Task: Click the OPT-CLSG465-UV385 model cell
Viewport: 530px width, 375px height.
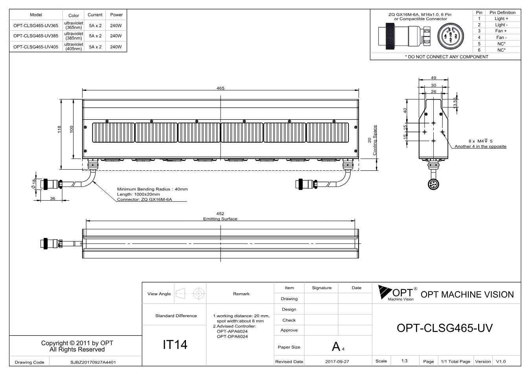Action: coord(36,36)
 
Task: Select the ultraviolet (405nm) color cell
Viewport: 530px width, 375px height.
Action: coord(74,47)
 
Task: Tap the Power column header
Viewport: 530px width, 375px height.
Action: coord(116,15)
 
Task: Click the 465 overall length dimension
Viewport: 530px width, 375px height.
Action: coord(220,88)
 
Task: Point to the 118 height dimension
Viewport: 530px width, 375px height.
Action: coord(59,129)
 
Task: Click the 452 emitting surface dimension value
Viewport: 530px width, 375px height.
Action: coord(220,214)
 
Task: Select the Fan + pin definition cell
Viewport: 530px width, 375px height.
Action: coord(501,31)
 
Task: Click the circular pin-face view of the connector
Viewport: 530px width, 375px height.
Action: coord(451,36)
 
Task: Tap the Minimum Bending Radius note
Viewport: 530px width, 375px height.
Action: coord(153,189)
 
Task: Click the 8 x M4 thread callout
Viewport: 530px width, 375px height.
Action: coord(480,141)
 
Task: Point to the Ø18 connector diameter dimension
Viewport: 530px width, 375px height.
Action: coord(33,184)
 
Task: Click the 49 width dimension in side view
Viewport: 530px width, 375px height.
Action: coord(433,78)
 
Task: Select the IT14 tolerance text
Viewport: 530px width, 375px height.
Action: coord(175,345)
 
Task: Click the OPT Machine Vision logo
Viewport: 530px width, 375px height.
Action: coord(398,293)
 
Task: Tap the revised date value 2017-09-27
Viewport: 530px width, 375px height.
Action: coord(337,362)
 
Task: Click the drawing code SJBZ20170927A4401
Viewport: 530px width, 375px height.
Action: coord(93,362)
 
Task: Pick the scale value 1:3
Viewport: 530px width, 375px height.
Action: coord(404,361)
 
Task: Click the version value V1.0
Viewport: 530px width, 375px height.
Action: coord(501,362)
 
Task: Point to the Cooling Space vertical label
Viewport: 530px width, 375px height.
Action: coord(375,140)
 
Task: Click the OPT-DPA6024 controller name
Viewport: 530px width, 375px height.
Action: coord(232,336)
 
